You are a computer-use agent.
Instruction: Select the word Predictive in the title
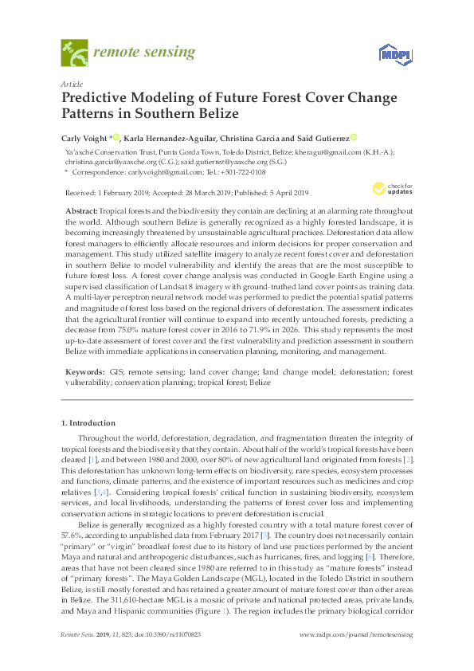[x=96, y=98]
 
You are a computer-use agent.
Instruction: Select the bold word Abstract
[x=81, y=208]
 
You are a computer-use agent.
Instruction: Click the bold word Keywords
[x=84, y=371]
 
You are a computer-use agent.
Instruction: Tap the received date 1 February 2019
[x=115, y=192]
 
